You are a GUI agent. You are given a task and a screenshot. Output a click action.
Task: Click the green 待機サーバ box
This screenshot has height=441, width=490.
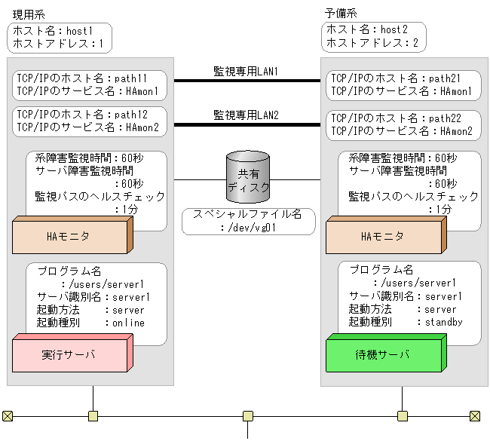pyautogui.click(x=382, y=354)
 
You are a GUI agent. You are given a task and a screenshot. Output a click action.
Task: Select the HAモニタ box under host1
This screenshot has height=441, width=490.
pyautogui.click(x=69, y=237)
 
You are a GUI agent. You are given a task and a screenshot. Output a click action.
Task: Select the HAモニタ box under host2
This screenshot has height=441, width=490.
pyautogui.click(x=382, y=237)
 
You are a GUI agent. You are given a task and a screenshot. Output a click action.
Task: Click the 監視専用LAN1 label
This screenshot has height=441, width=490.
pyautogui.click(x=247, y=71)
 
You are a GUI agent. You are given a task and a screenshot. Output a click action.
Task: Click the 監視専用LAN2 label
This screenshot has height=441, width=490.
pyautogui.click(x=247, y=115)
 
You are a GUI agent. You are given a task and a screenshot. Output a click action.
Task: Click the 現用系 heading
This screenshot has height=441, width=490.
pyautogui.click(x=28, y=14)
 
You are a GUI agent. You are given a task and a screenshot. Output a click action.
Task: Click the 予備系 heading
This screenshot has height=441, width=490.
pyautogui.click(x=340, y=14)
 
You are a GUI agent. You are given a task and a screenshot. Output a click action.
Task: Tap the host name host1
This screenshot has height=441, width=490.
pyautogui.click(x=79, y=30)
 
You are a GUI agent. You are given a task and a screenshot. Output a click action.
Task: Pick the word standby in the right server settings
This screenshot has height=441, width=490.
pyautogui.click(x=443, y=322)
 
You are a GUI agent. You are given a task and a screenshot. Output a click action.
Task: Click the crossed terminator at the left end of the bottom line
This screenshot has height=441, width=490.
pyautogui.click(x=8, y=415)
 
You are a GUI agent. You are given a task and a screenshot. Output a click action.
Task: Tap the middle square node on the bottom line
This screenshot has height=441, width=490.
pyautogui.click(x=248, y=415)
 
